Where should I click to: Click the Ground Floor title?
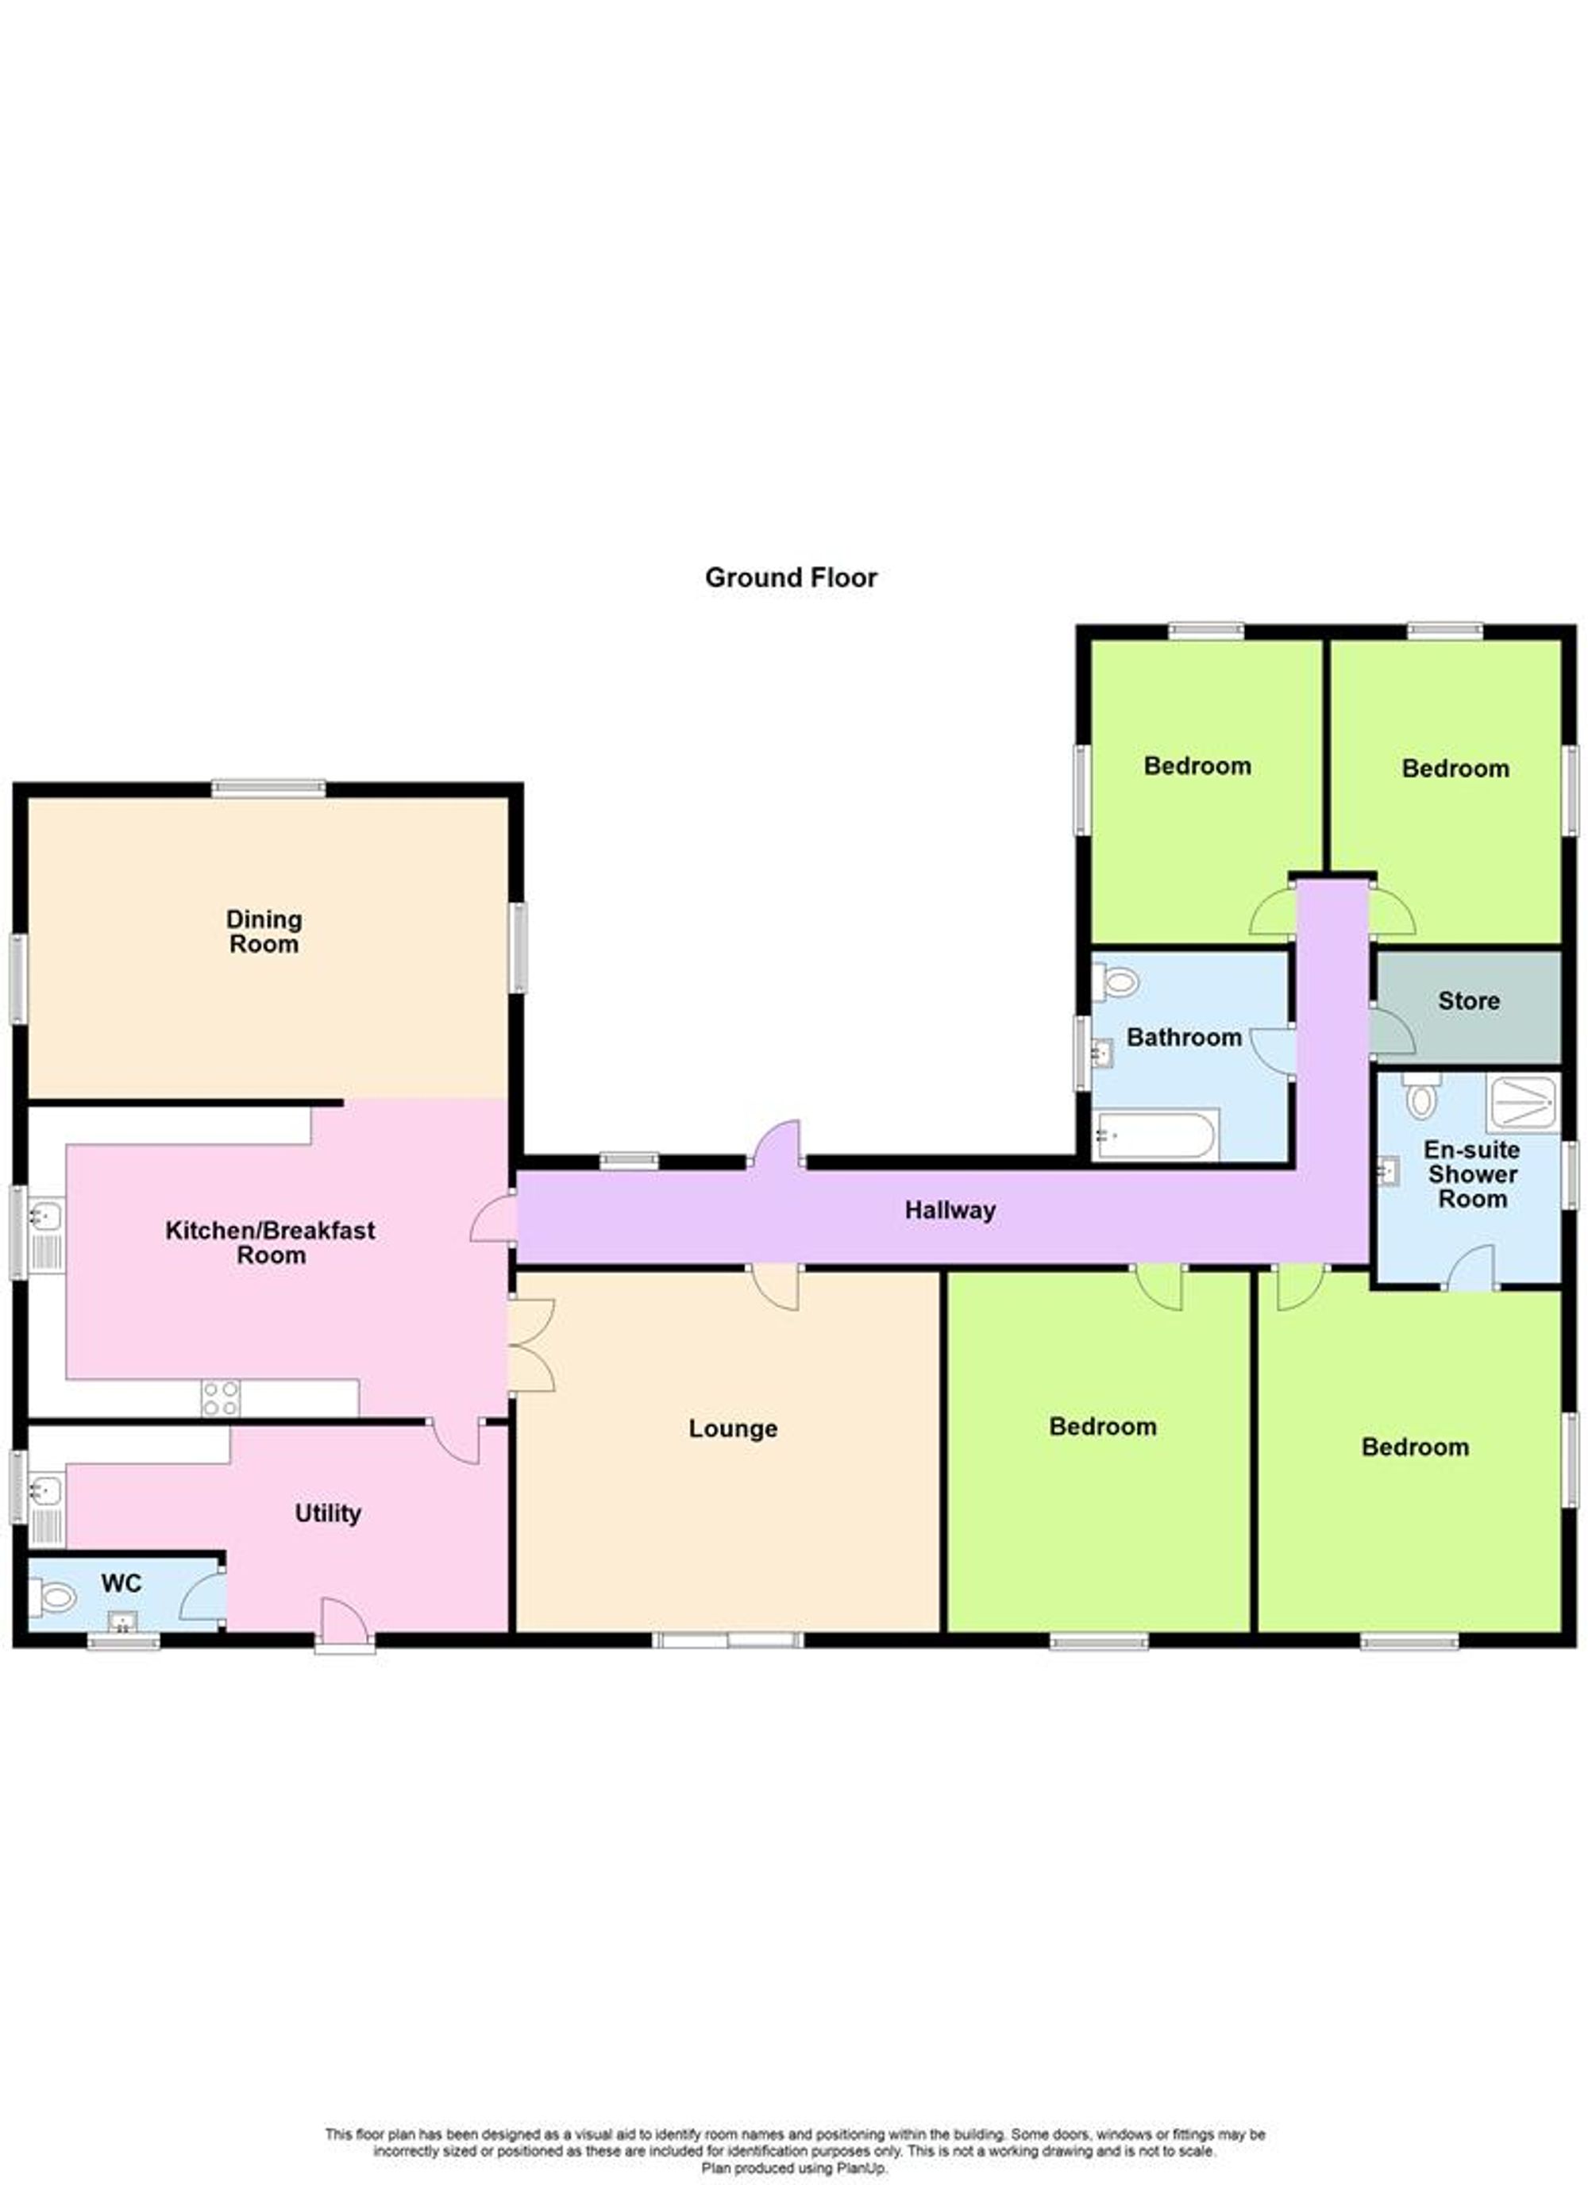[x=790, y=577]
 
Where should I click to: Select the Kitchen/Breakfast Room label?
[x=271, y=1242]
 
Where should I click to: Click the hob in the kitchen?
[x=221, y=1398]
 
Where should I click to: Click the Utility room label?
[x=328, y=1513]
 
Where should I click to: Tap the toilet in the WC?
[x=54, y=1598]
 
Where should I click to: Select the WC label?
[x=121, y=1583]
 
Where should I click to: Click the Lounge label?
[x=732, y=1428]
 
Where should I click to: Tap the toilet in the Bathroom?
[x=1118, y=983]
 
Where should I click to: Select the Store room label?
[x=1469, y=1001]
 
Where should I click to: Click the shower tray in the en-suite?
[x=1521, y=1103]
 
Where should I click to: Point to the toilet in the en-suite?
[x=1420, y=1096]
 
